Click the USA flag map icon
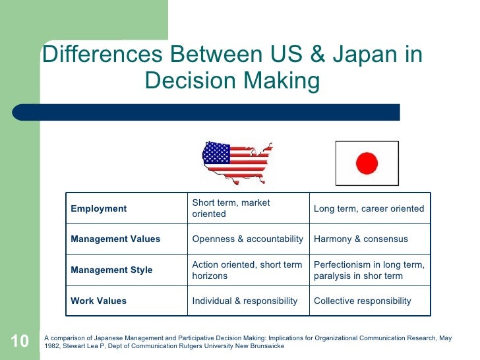coord(236,162)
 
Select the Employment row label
coord(99,208)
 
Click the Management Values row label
coord(115,239)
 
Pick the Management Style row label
coord(111,270)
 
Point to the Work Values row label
coord(99,301)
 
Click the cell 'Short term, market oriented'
coord(231,208)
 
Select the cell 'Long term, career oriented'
coord(369,208)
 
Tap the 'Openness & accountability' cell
coord(247,239)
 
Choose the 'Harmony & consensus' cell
coord(361,239)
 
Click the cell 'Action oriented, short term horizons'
coord(247,270)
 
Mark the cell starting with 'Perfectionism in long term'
coord(369,270)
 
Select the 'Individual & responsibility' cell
coord(245,301)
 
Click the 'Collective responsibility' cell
coord(362,301)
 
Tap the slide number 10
coord(20,341)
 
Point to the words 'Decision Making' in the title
coord(232,82)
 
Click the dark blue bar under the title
coord(218,112)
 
